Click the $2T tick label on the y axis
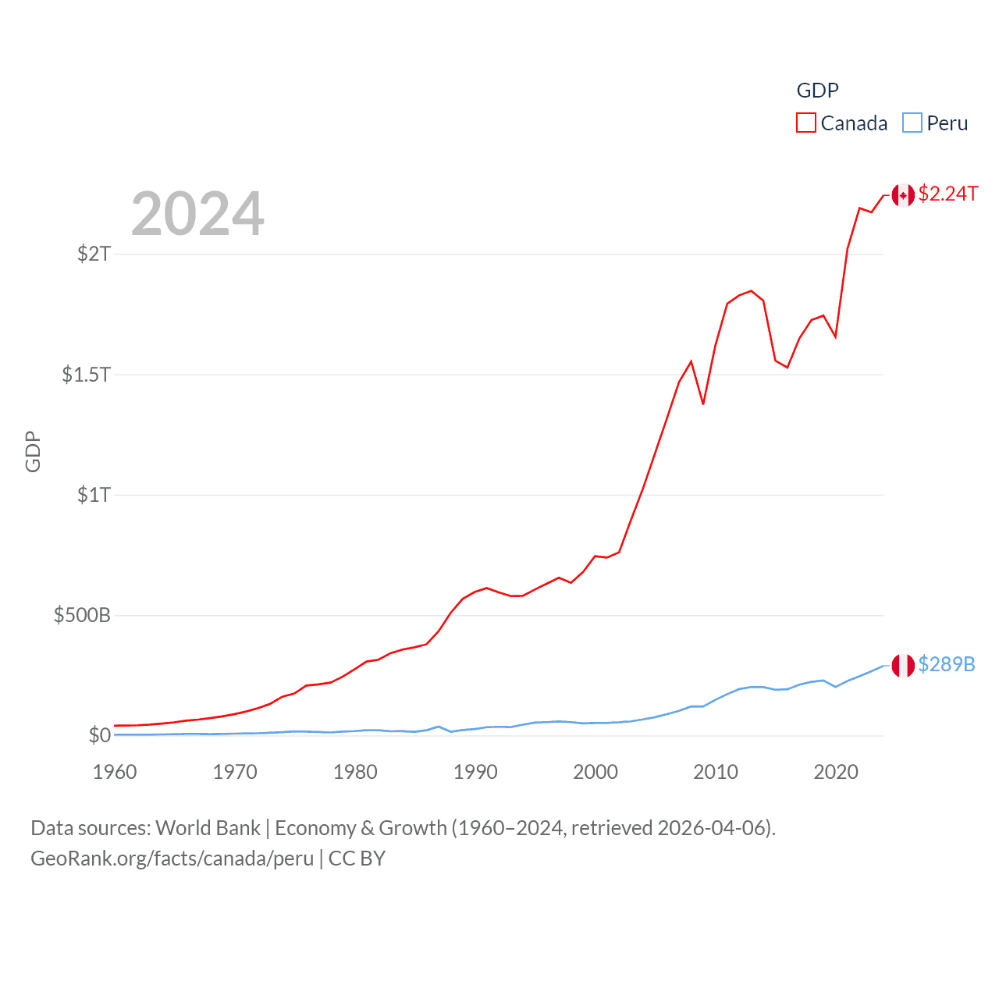point(94,254)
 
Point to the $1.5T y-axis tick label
point(86,375)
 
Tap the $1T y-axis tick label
point(94,495)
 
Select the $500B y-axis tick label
point(82,615)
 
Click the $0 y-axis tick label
point(100,735)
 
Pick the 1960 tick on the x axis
point(115,772)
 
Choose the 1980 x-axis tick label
point(355,772)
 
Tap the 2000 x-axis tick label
point(595,772)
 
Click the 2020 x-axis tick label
point(836,772)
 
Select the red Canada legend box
point(805,123)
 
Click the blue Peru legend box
point(912,123)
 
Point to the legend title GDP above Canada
point(817,91)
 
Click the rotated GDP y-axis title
point(33,451)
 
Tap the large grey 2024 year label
point(197,214)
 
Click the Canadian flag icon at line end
point(903,195)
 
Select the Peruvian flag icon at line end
point(903,666)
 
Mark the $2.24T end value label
point(947,194)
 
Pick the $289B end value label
point(947,664)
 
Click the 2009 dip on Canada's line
point(703,404)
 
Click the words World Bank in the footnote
point(208,828)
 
